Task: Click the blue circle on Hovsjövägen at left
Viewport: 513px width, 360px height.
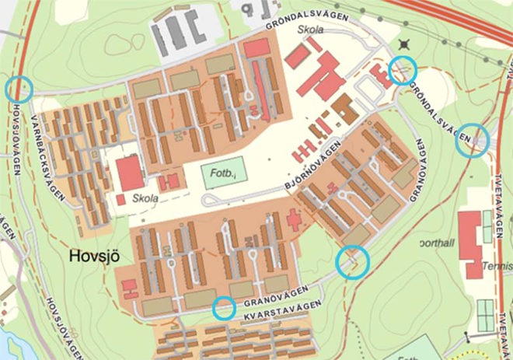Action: click(x=19, y=89)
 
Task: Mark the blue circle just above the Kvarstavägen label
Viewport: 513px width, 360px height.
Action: click(x=224, y=308)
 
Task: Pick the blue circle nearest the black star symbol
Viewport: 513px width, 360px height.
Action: click(x=403, y=70)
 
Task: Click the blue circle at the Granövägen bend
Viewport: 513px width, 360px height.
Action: click(x=352, y=262)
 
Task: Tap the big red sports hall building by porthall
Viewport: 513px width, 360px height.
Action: click(x=470, y=246)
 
